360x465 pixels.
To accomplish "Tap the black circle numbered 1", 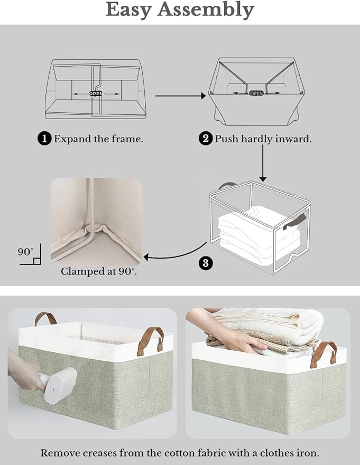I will (x=45, y=139).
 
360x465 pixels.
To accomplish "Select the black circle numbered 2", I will (x=206, y=139).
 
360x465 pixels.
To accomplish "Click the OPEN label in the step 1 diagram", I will (x=96, y=93).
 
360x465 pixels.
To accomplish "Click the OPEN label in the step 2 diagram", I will (x=256, y=93).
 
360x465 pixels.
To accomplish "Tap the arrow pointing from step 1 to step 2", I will (x=180, y=96).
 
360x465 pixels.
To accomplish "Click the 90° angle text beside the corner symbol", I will (x=25, y=252).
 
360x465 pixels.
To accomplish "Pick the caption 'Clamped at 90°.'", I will (x=98, y=271).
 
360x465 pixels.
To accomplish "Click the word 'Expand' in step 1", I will (x=71, y=139).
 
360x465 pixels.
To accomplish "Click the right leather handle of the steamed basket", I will (x=153, y=339).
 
